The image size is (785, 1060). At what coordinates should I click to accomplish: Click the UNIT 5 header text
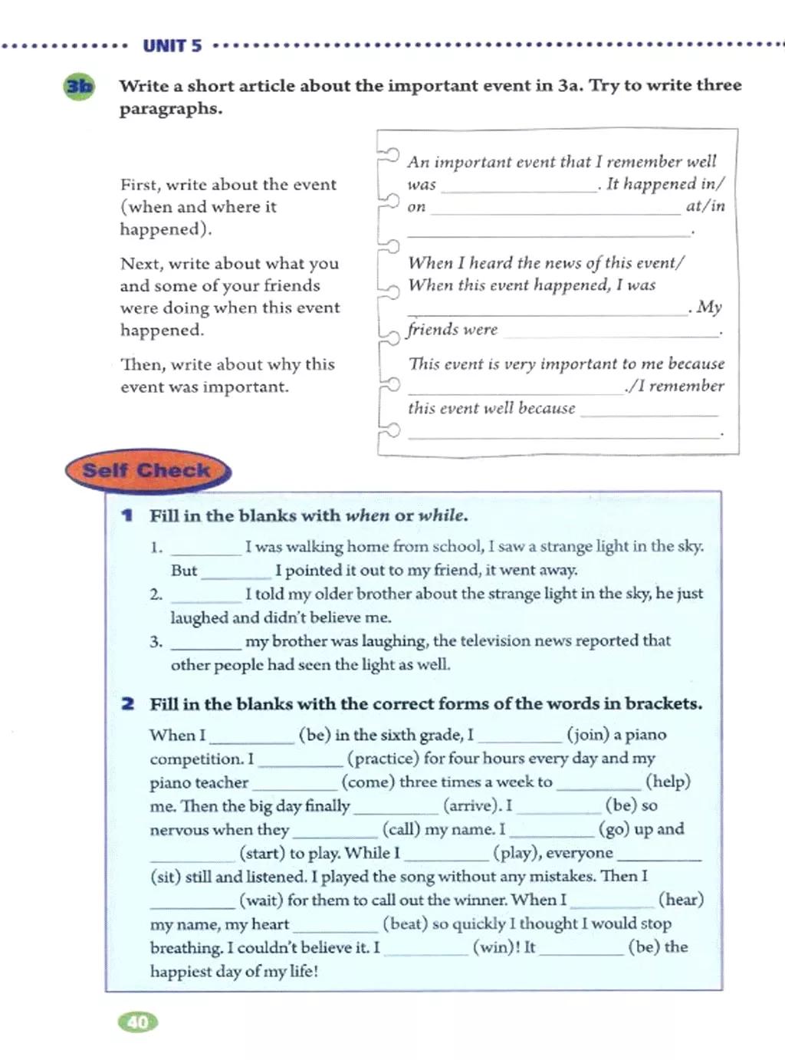[x=172, y=46]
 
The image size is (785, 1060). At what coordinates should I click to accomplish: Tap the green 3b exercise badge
[x=79, y=87]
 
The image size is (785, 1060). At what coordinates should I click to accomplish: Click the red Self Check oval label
[x=146, y=470]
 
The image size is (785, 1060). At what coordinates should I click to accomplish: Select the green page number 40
[x=138, y=1022]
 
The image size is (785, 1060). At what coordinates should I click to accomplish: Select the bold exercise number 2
[x=128, y=703]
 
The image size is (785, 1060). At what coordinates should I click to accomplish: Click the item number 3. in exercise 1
[x=156, y=641]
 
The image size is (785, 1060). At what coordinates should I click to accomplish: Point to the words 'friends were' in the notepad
[x=452, y=330]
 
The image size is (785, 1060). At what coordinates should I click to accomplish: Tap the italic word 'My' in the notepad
[x=709, y=307]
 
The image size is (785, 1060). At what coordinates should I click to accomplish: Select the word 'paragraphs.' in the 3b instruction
[x=170, y=109]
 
